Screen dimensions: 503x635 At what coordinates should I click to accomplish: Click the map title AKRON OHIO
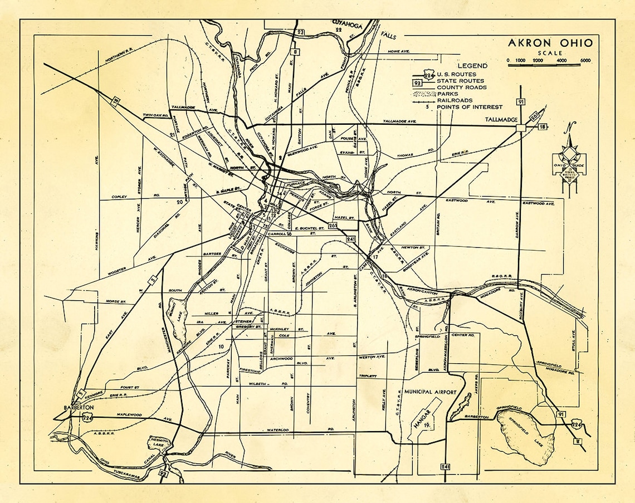click(x=549, y=43)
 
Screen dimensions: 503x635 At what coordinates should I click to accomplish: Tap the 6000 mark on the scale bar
click(x=585, y=60)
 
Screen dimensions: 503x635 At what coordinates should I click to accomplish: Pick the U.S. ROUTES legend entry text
click(x=457, y=74)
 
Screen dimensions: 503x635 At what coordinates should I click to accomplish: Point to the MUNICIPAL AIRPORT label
click(x=431, y=392)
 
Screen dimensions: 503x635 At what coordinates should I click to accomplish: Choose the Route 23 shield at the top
click(x=300, y=33)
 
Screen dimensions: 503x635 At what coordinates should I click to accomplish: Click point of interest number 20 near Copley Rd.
click(x=179, y=202)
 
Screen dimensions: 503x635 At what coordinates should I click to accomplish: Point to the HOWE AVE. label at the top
click(x=398, y=52)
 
